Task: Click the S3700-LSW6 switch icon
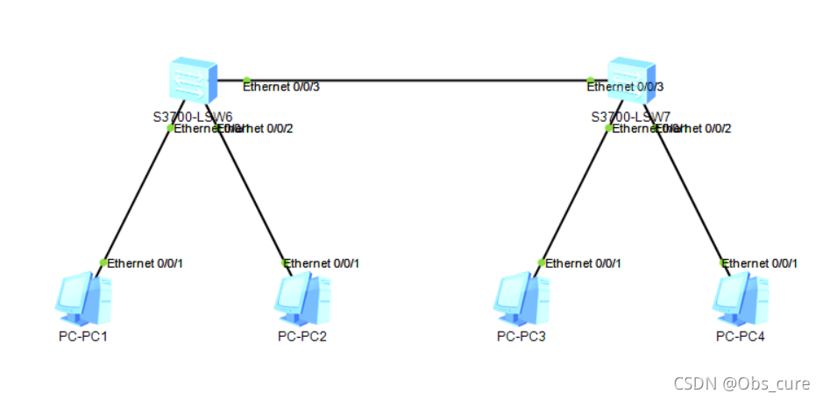(x=191, y=82)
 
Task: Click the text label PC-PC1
(x=83, y=336)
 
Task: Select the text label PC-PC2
(x=302, y=336)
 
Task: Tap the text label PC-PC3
(x=521, y=336)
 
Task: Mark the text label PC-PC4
(x=741, y=336)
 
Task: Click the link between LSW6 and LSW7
(x=412, y=82)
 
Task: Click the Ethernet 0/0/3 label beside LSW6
(x=281, y=87)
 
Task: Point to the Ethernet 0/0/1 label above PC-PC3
(x=584, y=263)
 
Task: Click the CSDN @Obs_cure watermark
(x=741, y=383)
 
